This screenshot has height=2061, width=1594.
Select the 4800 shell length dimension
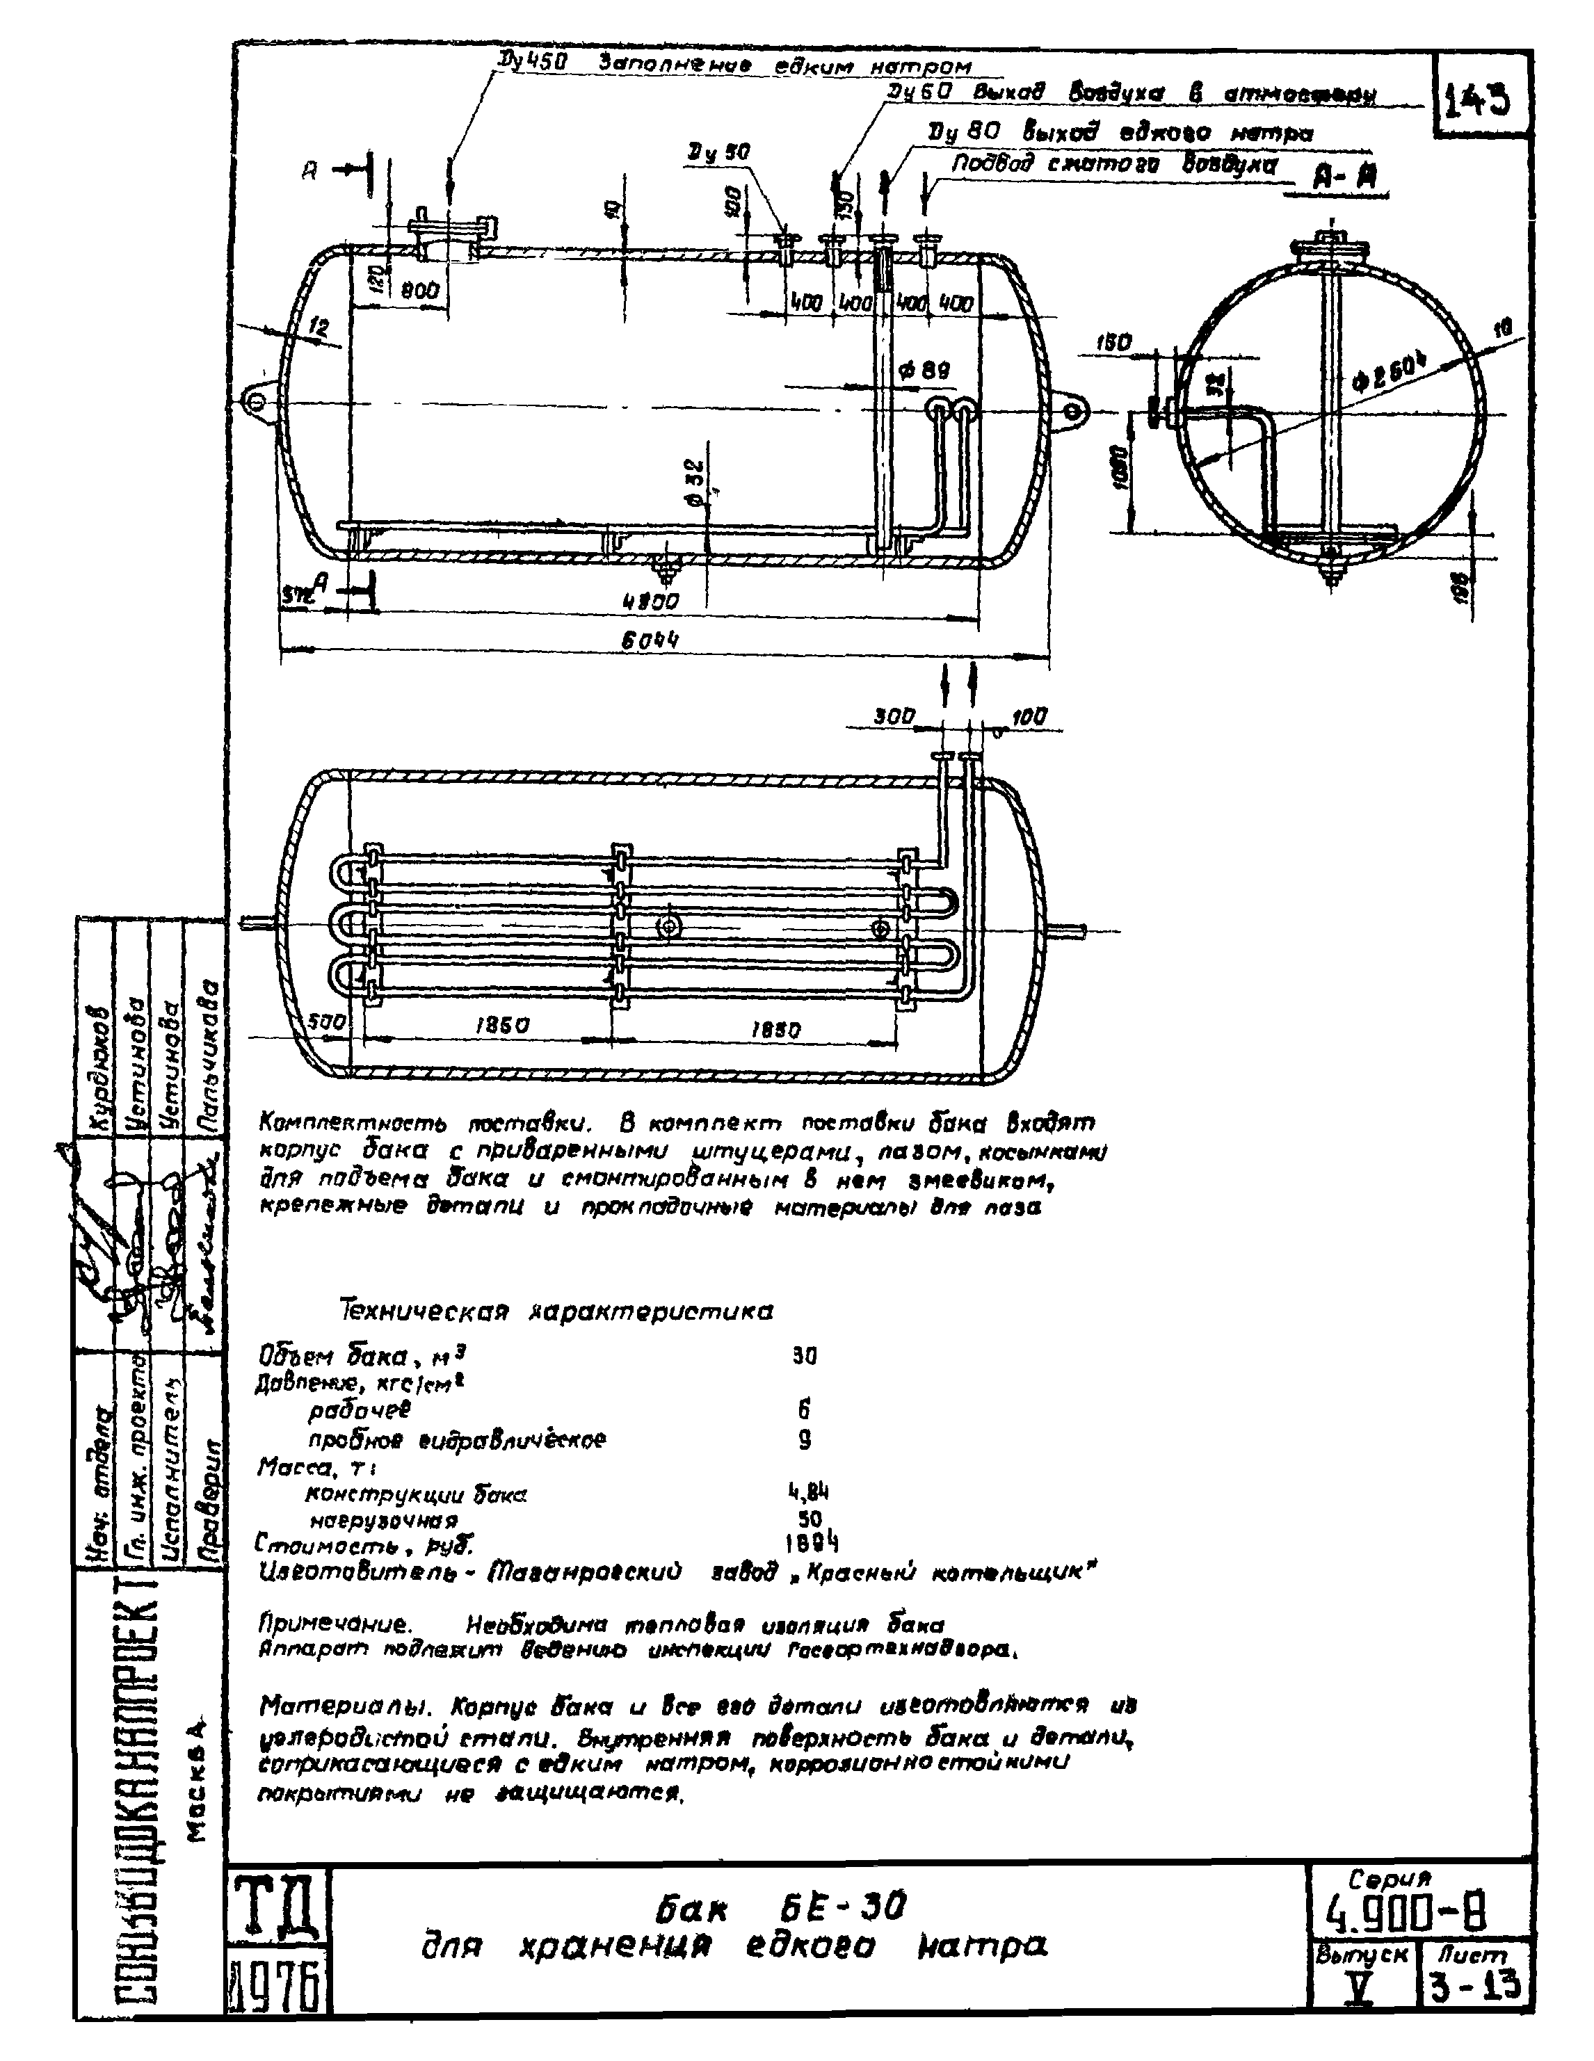pyautogui.click(x=650, y=601)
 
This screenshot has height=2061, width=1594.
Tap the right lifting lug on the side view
pyautogui.click(x=1074, y=410)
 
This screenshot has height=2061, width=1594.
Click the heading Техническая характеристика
pyautogui.click(x=557, y=1311)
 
